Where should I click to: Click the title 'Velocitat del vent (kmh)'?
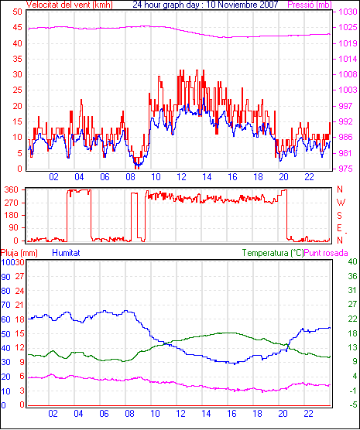point(70,5)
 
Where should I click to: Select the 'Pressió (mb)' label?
point(310,5)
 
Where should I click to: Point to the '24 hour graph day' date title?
point(205,5)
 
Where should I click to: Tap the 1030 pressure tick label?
point(348,12)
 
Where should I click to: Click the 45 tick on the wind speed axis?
point(17,28)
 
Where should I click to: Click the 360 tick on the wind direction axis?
point(12,189)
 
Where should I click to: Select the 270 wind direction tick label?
point(12,203)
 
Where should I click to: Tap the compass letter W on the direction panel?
point(341,203)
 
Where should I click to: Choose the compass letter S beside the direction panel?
point(340,216)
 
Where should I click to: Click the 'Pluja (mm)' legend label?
point(19,253)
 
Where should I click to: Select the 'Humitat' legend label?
point(66,253)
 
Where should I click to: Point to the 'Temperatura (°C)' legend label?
point(273,253)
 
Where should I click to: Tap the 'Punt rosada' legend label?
point(326,253)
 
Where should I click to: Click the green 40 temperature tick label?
point(352,261)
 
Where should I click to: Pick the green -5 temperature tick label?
point(353,404)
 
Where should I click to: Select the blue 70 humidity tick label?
point(5,305)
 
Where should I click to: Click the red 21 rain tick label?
point(19,305)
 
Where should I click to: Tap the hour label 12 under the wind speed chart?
point(181,177)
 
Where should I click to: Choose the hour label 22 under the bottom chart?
point(308,414)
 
